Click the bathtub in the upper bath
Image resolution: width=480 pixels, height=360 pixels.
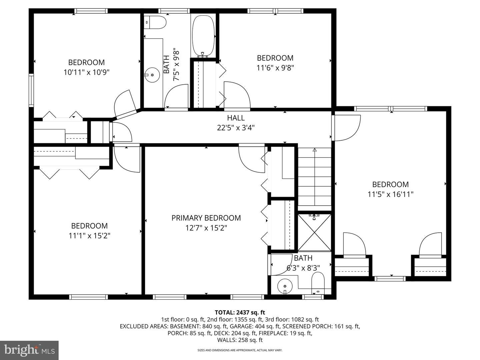(203, 36)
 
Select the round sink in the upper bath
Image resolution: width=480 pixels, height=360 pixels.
(152, 75)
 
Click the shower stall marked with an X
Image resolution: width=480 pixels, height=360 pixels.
(314, 233)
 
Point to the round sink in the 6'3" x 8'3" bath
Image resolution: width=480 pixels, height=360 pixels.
(285, 286)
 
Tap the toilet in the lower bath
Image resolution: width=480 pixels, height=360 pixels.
(318, 283)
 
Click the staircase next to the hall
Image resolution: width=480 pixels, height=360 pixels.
(314, 177)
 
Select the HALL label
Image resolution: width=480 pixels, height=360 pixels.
(236, 118)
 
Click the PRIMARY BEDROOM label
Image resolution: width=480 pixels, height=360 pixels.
(206, 218)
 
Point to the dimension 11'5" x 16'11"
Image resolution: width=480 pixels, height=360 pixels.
(390, 194)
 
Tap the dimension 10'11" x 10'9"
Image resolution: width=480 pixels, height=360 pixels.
(86, 72)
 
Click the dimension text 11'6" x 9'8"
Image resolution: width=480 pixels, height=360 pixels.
(275, 68)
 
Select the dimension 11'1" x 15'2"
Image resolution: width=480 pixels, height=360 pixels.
(89, 236)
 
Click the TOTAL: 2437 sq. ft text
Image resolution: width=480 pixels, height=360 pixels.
(240, 312)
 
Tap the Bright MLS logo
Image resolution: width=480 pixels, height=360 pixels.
(29, 350)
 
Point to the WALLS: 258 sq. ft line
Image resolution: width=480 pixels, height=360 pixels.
(240, 340)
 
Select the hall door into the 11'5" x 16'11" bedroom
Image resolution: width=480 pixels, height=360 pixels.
(346, 128)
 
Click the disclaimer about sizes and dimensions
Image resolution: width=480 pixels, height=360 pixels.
(240, 350)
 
